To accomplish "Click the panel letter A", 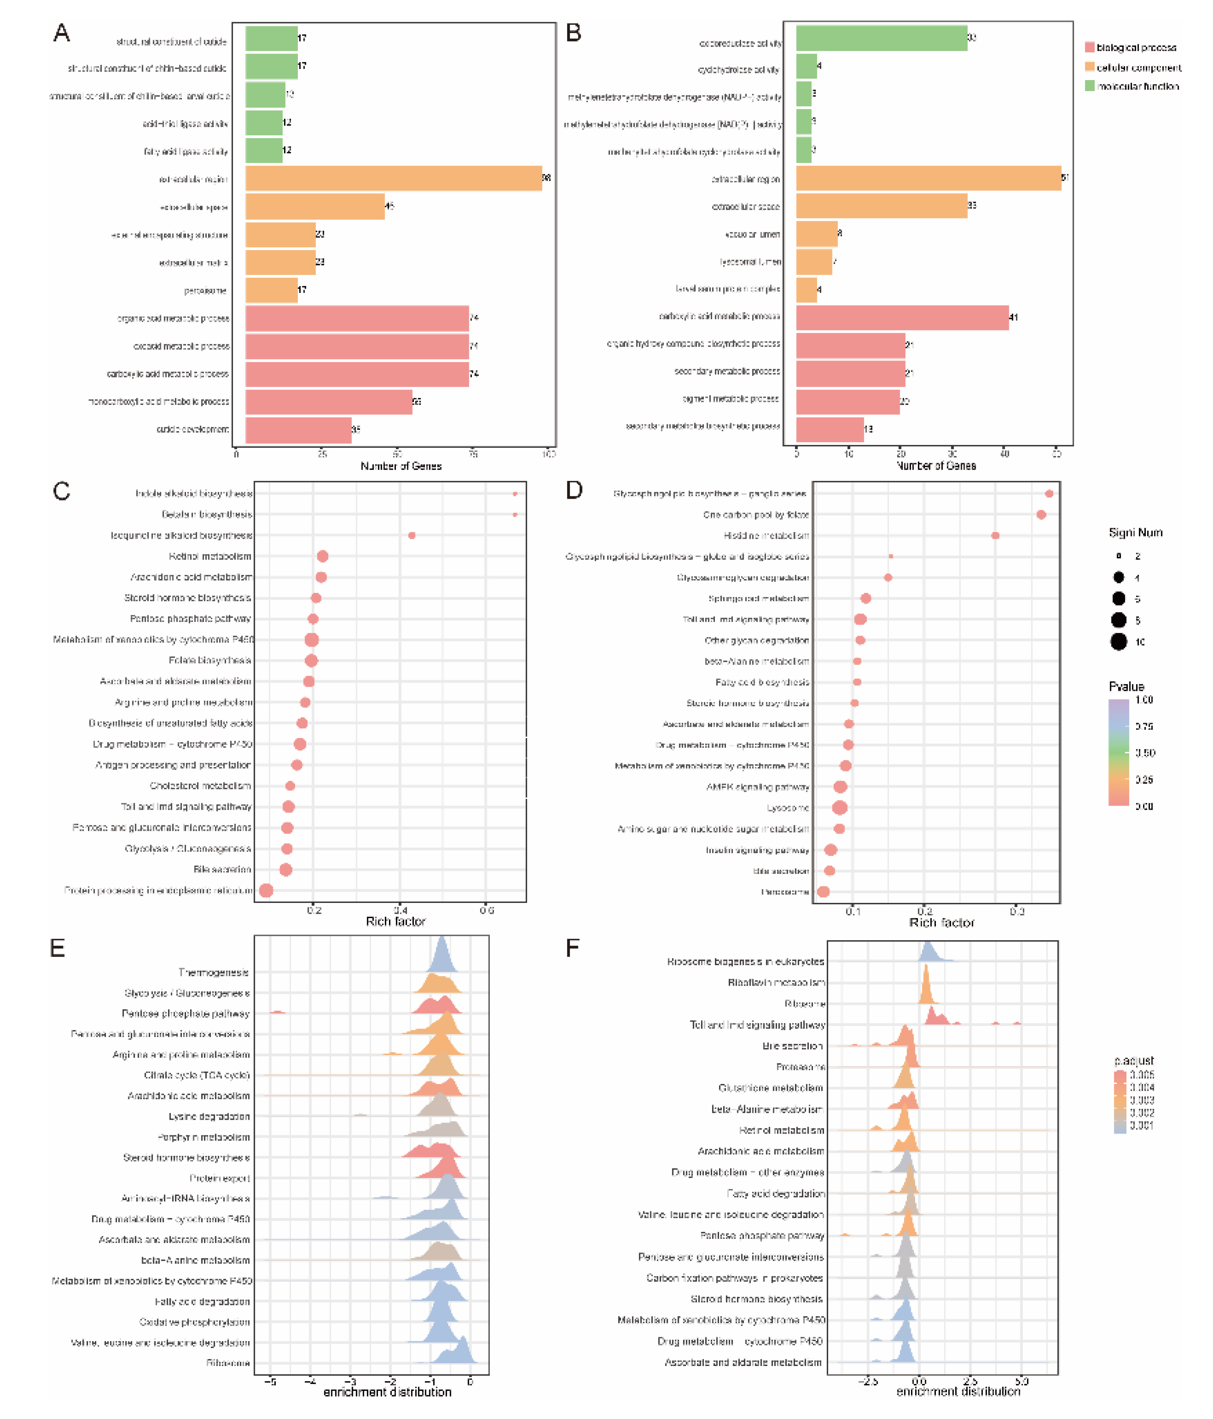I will (62, 33).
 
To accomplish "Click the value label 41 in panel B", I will (1014, 317).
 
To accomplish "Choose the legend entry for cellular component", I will (1138, 67).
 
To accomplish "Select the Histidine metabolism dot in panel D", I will (995, 535).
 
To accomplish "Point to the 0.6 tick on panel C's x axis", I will (486, 910).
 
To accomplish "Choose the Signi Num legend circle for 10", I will (1118, 642).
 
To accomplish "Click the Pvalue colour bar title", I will (1126, 686).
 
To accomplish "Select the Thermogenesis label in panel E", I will (214, 973).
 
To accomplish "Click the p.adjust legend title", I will (1134, 1060).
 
